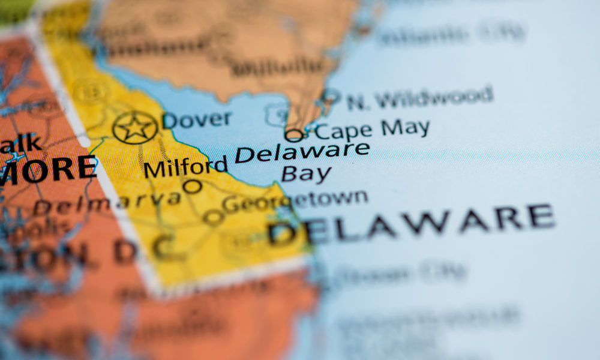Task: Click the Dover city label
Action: pyautogui.click(x=197, y=119)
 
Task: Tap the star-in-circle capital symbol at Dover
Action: pyautogui.click(x=135, y=127)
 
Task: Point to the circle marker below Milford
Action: pyautogui.click(x=192, y=187)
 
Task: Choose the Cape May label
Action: pyautogui.click(x=373, y=129)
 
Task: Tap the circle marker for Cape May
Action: pyautogui.click(x=294, y=135)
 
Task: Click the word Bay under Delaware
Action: pyautogui.click(x=306, y=174)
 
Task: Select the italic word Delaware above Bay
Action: pyautogui.click(x=302, y=152)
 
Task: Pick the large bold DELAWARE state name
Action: pyautogui.click(x=411, y=224)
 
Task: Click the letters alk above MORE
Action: pyautogui.click(x=22, y=144)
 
